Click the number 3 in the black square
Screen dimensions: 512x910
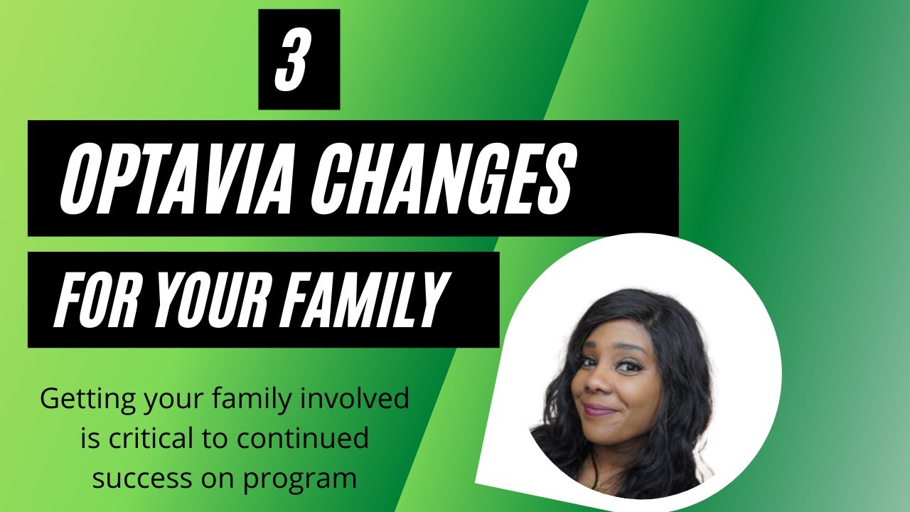point(299,60)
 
